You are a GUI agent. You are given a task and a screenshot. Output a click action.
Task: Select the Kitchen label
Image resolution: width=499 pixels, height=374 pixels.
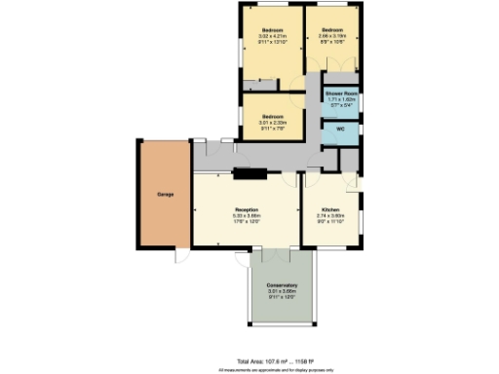click(330, 210)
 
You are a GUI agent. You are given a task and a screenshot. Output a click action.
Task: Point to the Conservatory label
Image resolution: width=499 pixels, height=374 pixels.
click(281, 285)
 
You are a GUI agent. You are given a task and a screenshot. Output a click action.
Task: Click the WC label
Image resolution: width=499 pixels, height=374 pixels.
click(341, 129)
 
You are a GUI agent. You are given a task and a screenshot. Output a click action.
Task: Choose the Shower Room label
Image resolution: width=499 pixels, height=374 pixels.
click(341, 93)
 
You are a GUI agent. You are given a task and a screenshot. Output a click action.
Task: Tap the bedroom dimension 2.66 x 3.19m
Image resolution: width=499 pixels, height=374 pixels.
click(333, 36)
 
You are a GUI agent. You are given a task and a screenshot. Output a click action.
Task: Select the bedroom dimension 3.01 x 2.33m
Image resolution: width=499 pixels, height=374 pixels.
click(271, 121)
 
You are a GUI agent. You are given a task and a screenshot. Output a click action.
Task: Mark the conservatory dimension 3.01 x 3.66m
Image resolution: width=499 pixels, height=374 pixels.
click(281, 291)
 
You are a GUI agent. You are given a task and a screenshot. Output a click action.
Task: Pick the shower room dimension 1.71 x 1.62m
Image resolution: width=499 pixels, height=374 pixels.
click(341, 98)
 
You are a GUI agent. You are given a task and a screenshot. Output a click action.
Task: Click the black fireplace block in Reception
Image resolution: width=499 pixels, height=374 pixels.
click(248, 175)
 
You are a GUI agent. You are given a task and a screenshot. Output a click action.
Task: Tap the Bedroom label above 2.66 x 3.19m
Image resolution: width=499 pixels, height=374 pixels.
click(333, 30)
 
